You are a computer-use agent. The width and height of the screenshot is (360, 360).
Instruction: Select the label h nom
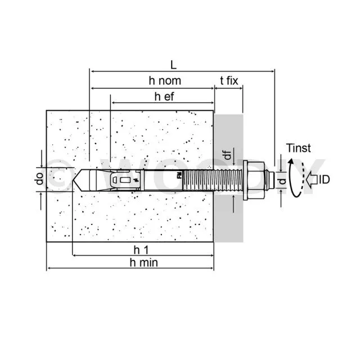click(165, 81)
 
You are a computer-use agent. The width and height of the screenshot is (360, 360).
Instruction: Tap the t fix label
click(229, 81)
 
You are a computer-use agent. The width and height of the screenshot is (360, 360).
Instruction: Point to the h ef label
click(165, 96)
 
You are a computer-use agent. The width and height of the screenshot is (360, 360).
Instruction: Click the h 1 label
click(133, 249)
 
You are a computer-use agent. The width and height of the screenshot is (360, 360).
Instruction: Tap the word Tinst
click(298, 148)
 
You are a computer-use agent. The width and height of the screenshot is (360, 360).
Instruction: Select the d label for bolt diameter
click(282, 180)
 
